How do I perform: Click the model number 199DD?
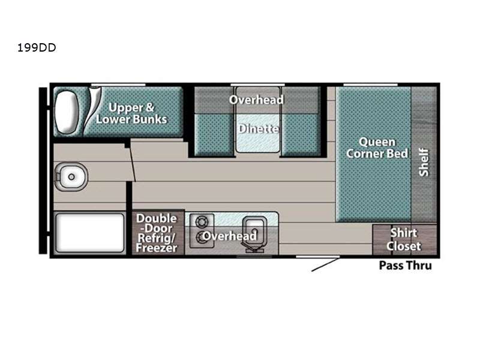pyautogui.click(x=37, y=48)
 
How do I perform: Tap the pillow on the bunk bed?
pyautogui.click(x=67, y=112)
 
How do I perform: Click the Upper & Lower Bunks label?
pyautogui.click(x=131, y=113)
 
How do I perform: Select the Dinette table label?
pyautogui.click(x=259, y=128)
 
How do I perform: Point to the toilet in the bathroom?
pyautogui.click(x=71, y=176)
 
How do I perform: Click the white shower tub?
pyautogui.click(x=89, y=233)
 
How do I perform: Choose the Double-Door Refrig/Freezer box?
pyautogui.click(x=158, y=232)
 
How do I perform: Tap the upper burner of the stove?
pyautogui.click(x=202, y=222)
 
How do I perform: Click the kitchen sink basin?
pyautogui.click(x=254, y=233)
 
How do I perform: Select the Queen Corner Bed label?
pyautogui.click(x=377, y=148)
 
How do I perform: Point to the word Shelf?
pyautogui.click(x=424, y=162)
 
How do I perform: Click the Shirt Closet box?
pyautogui.click(x=404, y=239)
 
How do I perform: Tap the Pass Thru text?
pyautogui.click(x=406, y=265)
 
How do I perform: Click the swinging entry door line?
pyautogui.click(x=326, y=265)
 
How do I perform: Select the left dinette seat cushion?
pyautogui.click(x=214, y=134)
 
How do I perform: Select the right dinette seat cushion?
pyautogui.click(x=301, y=134)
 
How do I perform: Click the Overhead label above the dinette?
pyautogui.click(x=257, y=100)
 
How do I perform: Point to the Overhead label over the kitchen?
pyautogui.click(x=230, y=236)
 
